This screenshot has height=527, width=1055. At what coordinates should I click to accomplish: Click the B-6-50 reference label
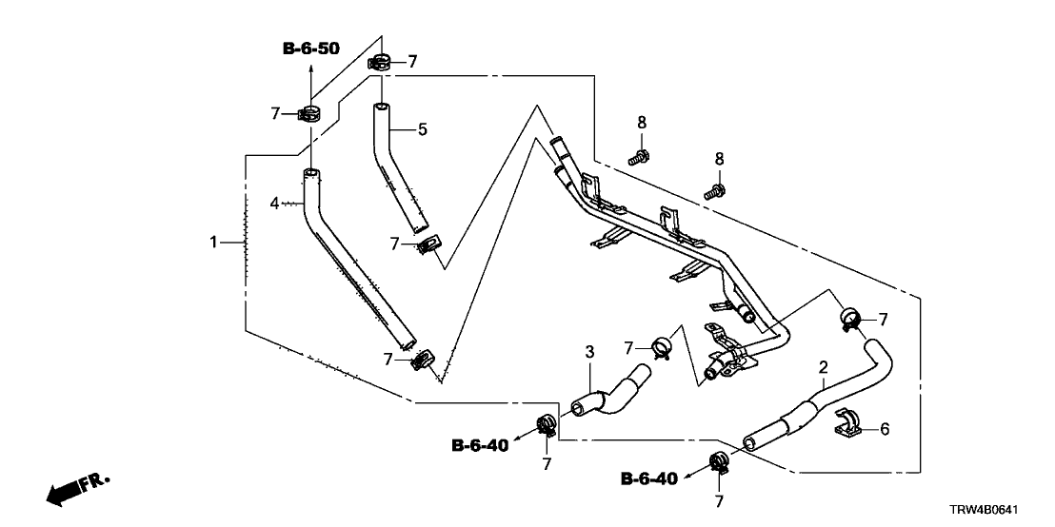[311, 49]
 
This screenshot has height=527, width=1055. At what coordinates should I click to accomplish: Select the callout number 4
[274, 203]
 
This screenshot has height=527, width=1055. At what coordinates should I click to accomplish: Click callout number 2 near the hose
[823, 366]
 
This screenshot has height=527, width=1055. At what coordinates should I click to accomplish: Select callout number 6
[884, 429]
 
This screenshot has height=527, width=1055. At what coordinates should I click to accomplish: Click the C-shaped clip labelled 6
[849, 425]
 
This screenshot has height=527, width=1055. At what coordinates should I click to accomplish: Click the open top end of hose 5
[380, 108]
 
